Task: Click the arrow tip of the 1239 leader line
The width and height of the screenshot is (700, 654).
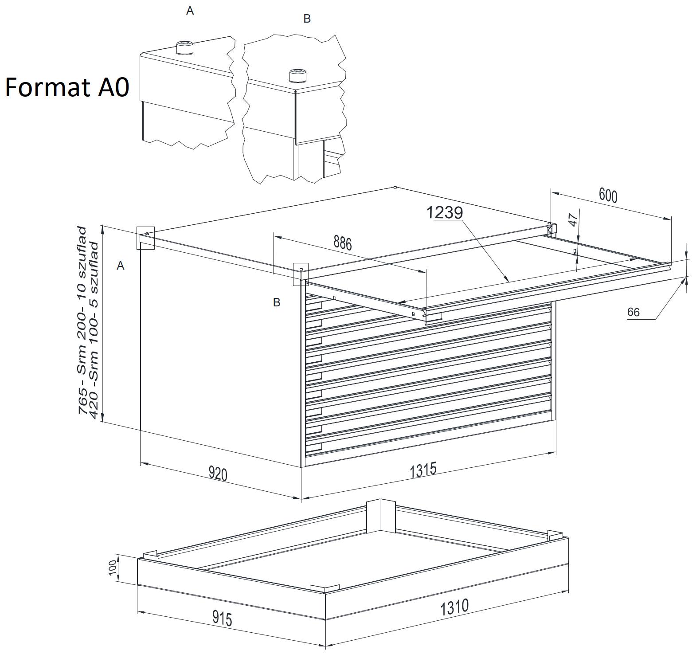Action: (508, 281)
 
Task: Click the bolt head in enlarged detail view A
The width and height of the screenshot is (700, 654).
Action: (184, 47)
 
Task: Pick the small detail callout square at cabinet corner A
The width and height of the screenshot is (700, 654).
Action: (145, 238)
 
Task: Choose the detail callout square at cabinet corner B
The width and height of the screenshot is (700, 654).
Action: (301, 274)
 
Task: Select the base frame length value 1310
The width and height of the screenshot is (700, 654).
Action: (454, 607)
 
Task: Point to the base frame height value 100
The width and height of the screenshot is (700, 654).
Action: (112, 567)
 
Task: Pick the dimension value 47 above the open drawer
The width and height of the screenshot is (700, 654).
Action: (574, 220)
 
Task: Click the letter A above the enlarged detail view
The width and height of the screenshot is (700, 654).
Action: (190, 11)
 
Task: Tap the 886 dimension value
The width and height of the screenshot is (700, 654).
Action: (342, 243)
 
